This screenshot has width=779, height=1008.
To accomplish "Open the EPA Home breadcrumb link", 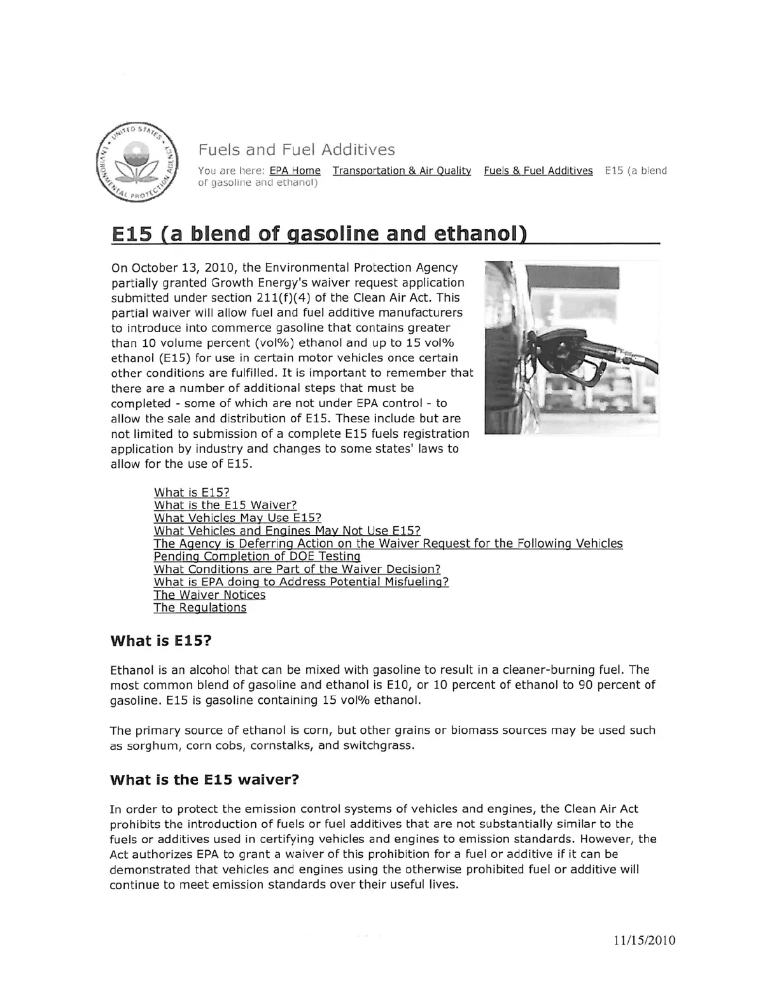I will click(x=295, y=171).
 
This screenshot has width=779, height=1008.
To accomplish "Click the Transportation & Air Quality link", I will click(x=402, y=171).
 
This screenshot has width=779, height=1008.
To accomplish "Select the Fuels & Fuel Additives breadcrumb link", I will click(x=538, y=171).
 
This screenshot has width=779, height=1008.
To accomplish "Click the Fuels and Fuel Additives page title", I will click(x=297, y=150).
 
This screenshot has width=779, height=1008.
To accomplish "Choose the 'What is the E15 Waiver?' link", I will click(x=225, y=505).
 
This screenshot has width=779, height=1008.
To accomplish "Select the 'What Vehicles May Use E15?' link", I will click(x=237, y=518).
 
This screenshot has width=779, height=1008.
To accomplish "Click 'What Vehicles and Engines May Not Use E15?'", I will click(x=287, y=531).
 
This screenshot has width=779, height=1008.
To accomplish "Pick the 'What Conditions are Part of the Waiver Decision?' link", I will click(x=297, y=569).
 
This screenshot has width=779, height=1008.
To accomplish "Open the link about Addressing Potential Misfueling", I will click(x=301, y=582).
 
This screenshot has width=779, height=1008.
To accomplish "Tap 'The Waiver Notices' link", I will click(x=209, y=595).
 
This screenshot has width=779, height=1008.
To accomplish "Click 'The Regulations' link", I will click(x=200, y=608).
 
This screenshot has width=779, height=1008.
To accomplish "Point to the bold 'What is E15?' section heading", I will click(x=160, y=641).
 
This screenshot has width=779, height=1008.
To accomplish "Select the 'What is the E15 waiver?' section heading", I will click(x=204, y=780).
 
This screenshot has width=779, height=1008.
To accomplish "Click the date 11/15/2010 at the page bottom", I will click(x=645, y=941).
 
